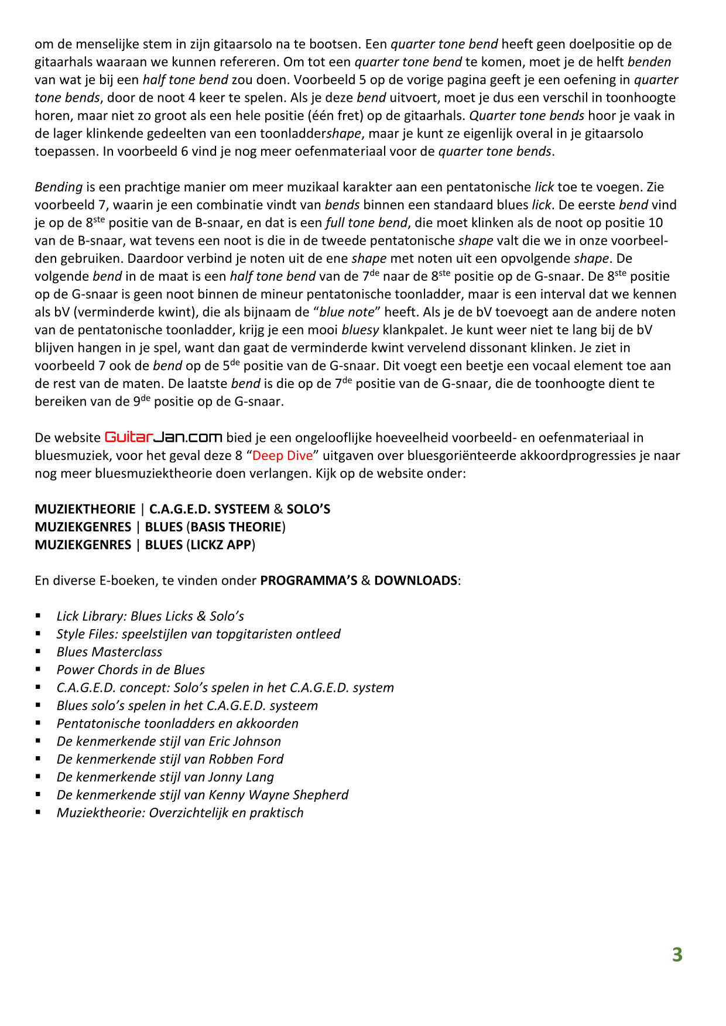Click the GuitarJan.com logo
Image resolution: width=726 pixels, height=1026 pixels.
tap(163, 437)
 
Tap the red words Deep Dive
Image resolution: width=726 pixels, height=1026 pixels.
tap(282, 455)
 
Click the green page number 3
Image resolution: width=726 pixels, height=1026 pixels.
tap(677, 955)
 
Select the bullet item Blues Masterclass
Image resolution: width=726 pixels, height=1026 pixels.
tap(109, 652)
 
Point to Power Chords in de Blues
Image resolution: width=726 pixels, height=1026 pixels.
tap(131, 670)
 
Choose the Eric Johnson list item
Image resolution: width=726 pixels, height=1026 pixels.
tap(169, 741)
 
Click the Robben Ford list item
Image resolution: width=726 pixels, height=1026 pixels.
tap(170, 759)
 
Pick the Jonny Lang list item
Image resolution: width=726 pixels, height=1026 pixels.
tap(165, 777)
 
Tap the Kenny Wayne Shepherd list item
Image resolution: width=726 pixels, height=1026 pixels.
tap(202, 795)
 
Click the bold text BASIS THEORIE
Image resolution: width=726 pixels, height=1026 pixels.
tap(236, 527)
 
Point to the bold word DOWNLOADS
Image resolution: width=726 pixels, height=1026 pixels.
tap(416, 581)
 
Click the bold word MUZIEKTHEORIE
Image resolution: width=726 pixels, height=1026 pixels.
tap(85, 509)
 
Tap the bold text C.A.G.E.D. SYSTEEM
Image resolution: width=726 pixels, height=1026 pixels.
tap(210, 509)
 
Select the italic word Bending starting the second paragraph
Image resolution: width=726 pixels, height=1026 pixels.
tap(59, 187)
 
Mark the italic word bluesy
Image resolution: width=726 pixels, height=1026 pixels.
tap(360, 330)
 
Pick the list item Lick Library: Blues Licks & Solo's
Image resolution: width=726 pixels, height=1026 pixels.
tap(150, 616)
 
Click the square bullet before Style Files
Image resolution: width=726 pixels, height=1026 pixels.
tap(38, 634)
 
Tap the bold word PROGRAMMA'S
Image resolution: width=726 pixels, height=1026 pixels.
tap(309, 581)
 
